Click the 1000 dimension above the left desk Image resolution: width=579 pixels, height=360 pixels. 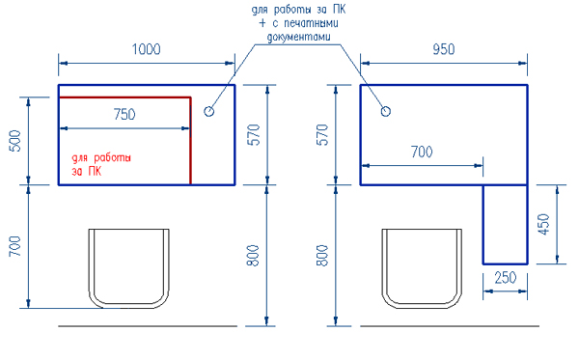(x=147, y=49)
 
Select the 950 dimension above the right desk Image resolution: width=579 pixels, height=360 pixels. (x=444, y=49)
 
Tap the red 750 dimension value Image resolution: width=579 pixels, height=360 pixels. (x=124, y=114)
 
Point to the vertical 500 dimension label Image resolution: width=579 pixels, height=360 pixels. (x=14, y=141)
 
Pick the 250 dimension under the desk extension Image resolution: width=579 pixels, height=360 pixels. (x=505, y=277)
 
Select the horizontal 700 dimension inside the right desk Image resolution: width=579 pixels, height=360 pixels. (x=422, y=152)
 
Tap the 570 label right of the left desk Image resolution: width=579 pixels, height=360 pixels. (x=255, y=133)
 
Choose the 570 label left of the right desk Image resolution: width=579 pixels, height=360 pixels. (x=323, y=133)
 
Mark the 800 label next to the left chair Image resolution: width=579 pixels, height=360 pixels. (x=253, y=256)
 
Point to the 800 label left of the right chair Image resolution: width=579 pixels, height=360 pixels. (x=322, y=256)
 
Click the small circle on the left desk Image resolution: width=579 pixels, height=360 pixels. (x=208, y=111)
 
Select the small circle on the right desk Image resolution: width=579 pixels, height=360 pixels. (x=386, y=111)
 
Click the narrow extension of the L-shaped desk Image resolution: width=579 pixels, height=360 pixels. (x=506, y=223)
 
